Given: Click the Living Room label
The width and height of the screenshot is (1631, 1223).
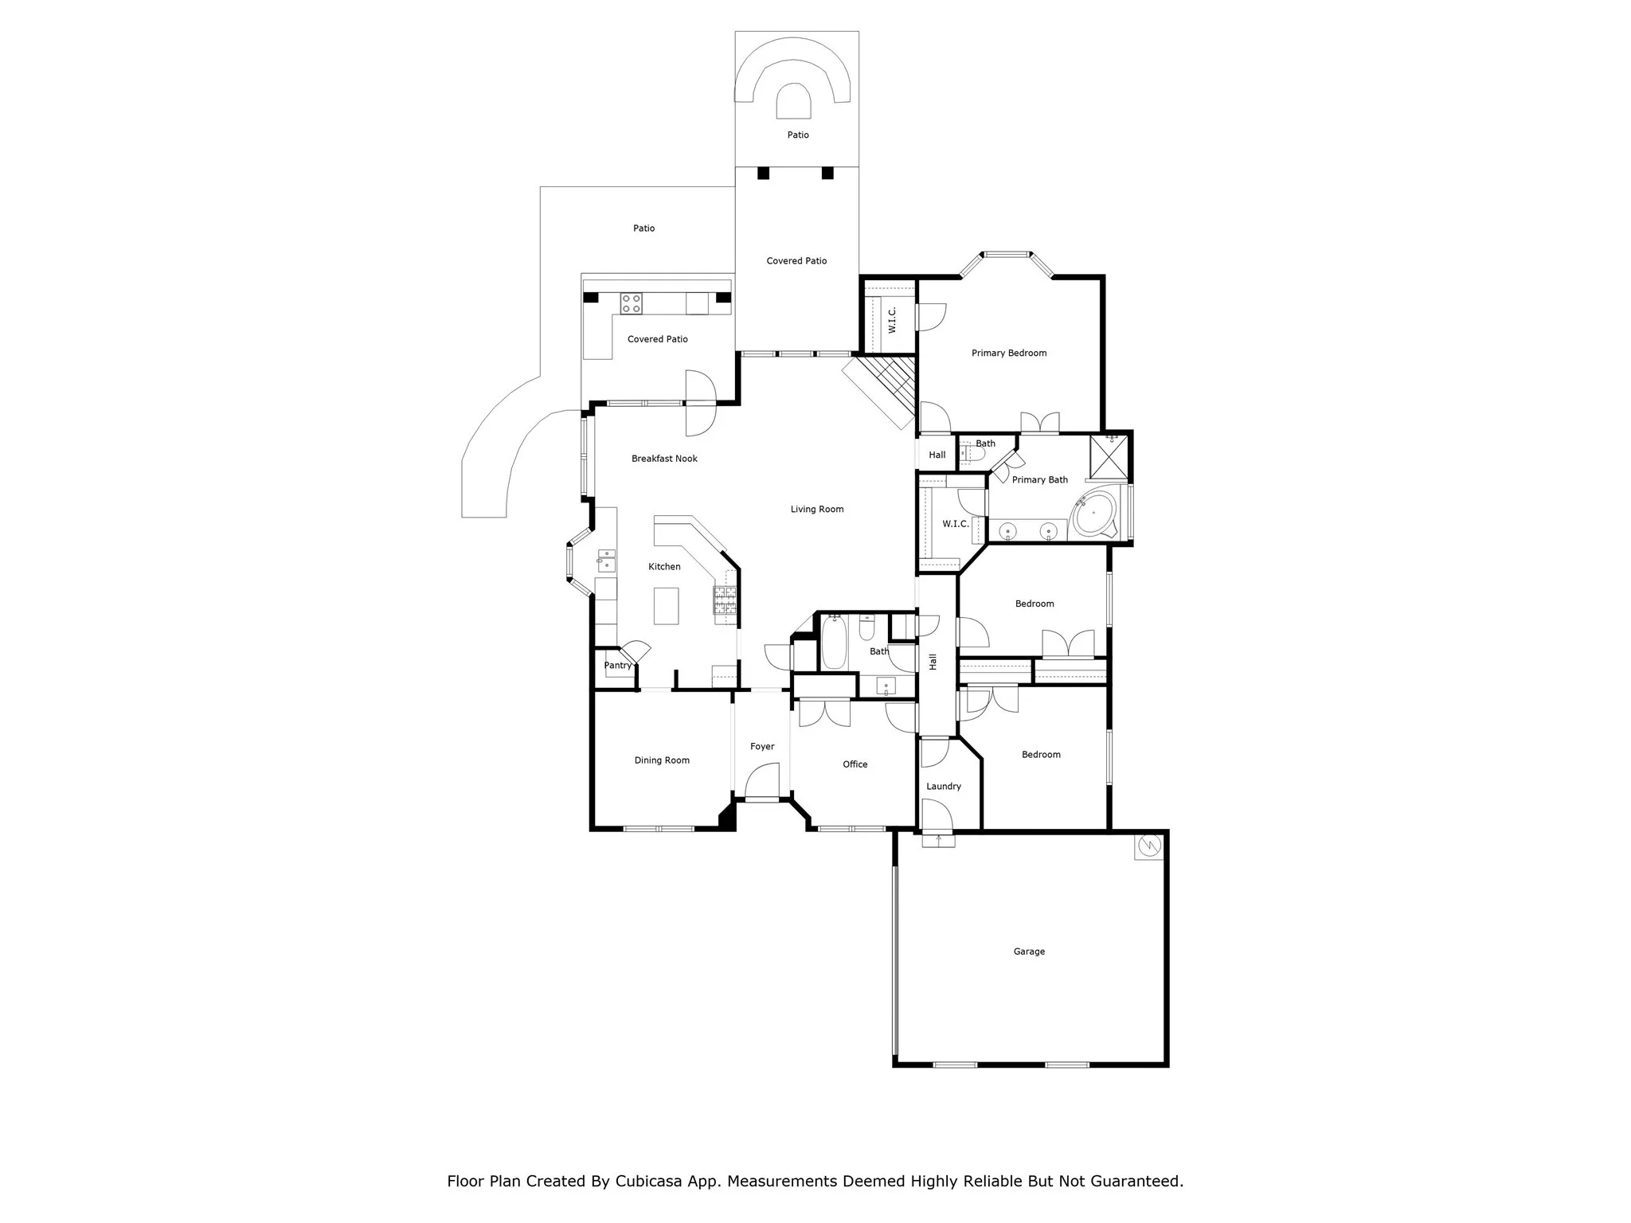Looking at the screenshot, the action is pyautogui.click(x=816, y=510).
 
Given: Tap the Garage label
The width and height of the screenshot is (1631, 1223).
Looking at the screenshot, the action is pyautogui.click(x=1029, y=951).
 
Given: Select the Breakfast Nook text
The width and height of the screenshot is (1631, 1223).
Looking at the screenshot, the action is pyautogui.click(x=664, y=459).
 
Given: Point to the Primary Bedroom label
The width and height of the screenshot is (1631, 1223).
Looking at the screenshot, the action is pyautogui.click(x=1009, y=354).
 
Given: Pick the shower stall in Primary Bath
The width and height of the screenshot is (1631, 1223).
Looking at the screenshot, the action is pyautogui.click(x=1108, y=456).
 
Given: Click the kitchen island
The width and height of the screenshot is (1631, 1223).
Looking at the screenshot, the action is pyautogui.click(x=667, y=606).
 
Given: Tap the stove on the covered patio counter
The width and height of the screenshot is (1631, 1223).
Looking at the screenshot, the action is pyautogui.click(x=632, y=303).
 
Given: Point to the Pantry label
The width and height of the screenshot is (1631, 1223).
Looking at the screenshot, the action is pyautogui.click(x=617, y=666).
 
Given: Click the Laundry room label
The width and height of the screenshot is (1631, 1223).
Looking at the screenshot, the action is pyautogui.click(x=944, y=787).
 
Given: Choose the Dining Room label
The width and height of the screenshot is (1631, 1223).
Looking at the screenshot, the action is pyautogui.click(x=662, y=760).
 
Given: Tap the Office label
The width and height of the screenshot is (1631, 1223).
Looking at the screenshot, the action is pyautogui.click(x=855, y=764).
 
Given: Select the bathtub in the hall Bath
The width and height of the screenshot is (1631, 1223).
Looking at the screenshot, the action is pyautogui.click(x=834, y=642).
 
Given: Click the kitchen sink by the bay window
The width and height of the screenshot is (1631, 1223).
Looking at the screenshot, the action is pyautogui.click(x=607, y=561).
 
